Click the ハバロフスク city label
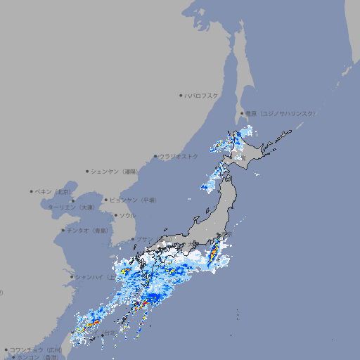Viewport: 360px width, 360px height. point(202,95)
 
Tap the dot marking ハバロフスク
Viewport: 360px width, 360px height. point(181,95)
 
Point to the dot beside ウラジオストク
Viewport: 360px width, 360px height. point(155,156)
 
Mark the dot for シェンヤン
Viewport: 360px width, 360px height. point(87,171)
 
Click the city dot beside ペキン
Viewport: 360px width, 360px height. point(32,191)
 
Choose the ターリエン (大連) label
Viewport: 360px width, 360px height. point(71,207)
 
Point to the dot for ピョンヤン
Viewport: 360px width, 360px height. point(106,200)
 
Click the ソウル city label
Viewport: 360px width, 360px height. point(127,215)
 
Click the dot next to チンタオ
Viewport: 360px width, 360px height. point(63,230)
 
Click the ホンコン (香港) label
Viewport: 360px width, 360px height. point(39,357)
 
